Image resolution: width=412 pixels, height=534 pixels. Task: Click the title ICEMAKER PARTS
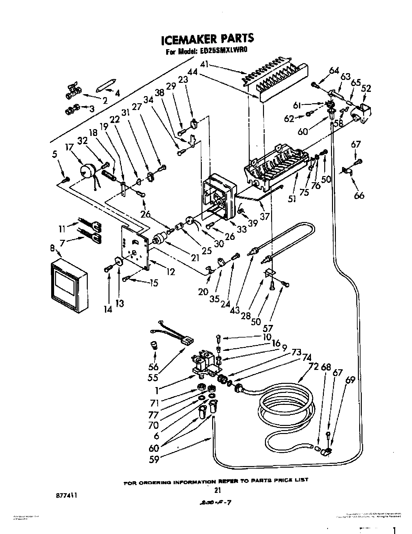tap(207, 39)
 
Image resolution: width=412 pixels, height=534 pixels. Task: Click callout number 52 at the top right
tap(367, 88)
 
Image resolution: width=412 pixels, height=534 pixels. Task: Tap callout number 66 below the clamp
tap(360, 195)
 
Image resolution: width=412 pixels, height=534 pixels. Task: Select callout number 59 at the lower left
tap(154, 459)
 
